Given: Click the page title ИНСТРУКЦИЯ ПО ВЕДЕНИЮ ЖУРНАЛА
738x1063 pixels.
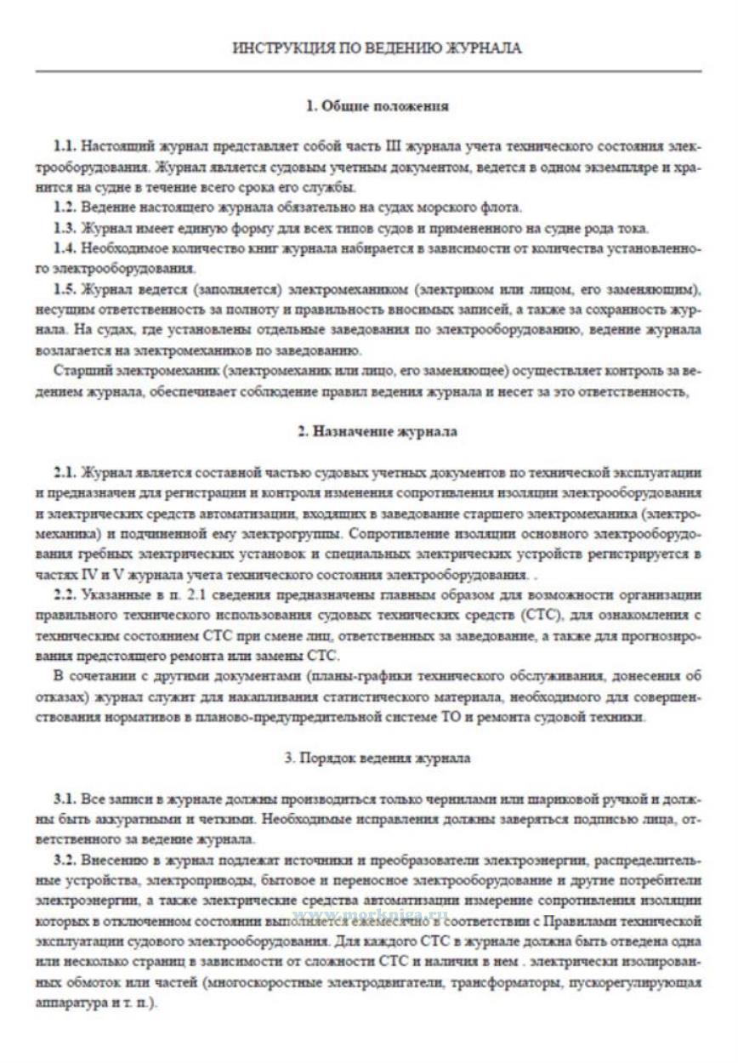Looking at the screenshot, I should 377,48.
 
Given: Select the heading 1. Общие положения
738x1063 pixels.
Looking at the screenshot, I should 377,106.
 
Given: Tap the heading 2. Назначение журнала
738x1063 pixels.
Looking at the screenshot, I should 377,432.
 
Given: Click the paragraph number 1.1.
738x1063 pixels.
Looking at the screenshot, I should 65,146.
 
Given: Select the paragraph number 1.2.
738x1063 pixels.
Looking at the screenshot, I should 65,207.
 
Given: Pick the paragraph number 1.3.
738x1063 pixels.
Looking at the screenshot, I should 65,228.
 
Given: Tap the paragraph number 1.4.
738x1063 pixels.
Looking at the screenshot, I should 65,248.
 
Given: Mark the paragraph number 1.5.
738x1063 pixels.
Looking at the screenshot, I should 65,289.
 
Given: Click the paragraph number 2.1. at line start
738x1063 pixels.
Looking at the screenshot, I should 65,472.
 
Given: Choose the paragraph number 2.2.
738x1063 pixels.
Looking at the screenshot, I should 65,594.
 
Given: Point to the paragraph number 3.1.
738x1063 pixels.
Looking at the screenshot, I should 65,799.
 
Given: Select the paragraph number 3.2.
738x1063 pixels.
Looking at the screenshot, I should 65,861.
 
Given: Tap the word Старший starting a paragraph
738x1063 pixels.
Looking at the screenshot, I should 78,371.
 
